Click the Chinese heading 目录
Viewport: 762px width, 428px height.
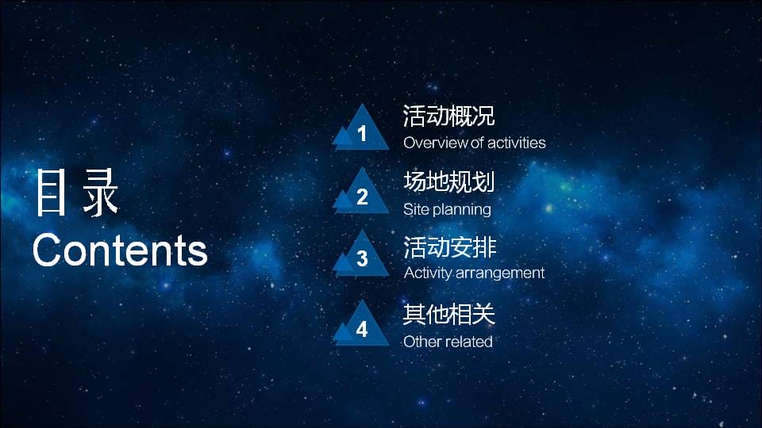click(x=76, y=193)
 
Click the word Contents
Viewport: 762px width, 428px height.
click(x=120, y=250)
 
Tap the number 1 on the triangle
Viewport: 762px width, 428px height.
click(x=362, y=134)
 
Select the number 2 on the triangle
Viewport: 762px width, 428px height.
click(x=362, y=197)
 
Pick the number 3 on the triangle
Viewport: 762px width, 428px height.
click(x=362, y=258)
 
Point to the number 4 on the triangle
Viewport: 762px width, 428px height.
click(x=362, y=329)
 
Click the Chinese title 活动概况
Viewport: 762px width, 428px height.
click(x=448, y=116)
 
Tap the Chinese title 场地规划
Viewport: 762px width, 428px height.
click(x=448, y=182)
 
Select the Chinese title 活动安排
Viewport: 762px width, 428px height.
click(x=449, y=247)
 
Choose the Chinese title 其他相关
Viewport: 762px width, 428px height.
click(x=449, y=314)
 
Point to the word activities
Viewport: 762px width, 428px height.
click(x=516, y=143)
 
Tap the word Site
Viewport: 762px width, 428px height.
click(x=415, y=209)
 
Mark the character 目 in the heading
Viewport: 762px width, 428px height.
click(x=51, y=193)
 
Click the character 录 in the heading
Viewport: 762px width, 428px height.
click(x=101, y=193)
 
